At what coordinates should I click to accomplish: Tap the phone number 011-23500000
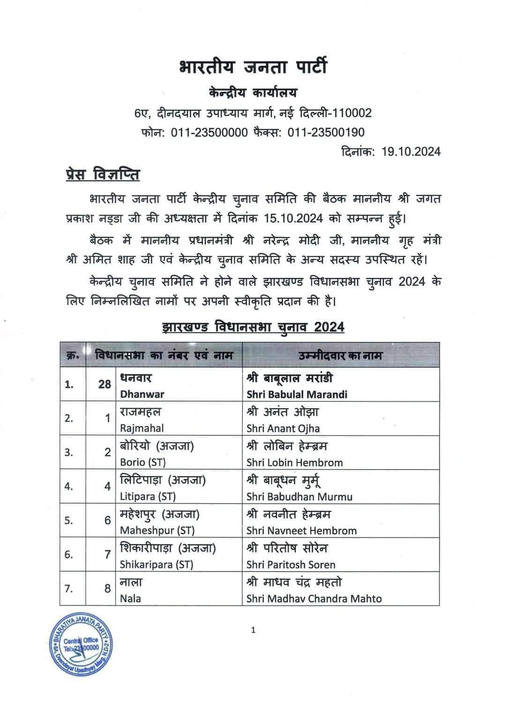click(x=209, y=133)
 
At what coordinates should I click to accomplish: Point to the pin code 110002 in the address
click(x=349, y=113)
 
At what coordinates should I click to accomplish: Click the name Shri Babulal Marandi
click(x=297, y=394)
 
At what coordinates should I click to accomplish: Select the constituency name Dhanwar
click(x=142, y=394)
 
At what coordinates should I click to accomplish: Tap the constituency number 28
click(x=104, y=384)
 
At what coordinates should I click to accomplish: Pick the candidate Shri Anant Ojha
click(x=283, y=428)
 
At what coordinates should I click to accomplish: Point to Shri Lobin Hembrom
click(x=295, y=462)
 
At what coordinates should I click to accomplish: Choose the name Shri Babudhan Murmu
click(x=299, y=496)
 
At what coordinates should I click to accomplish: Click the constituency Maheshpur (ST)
click(x=157, y=530)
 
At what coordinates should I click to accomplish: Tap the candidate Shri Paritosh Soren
click(x=291, y=565)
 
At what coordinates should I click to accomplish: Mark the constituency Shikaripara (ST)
click(x=156, y=565)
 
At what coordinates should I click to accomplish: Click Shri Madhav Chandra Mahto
click(x=314, y=598)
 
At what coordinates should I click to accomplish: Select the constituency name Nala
click(x=130, y=598)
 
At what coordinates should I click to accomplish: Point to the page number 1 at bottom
click(x=253, y=630)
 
